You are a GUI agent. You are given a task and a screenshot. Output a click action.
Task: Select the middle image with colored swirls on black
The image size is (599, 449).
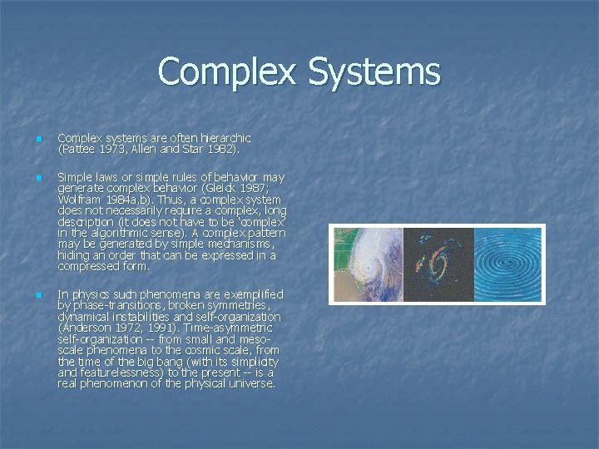pos(438,265)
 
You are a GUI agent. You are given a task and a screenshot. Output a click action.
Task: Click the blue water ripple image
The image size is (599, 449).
pos(509,265)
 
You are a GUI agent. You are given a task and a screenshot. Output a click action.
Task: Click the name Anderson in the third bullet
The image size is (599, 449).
pos(85,328)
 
